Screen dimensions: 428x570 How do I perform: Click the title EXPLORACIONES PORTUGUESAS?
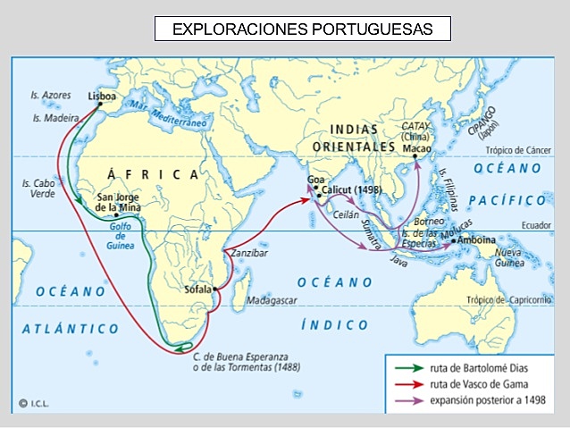tap(302, 29)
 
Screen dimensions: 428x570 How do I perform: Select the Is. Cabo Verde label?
tap(38, 188)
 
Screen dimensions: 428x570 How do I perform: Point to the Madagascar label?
tap(272, 300)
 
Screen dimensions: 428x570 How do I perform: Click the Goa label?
tap(315, 180)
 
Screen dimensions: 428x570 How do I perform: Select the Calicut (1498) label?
tap(352, 190)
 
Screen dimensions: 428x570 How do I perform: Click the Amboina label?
tap(482, 241)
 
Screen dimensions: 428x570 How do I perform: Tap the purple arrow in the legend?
tap(410, 400)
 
